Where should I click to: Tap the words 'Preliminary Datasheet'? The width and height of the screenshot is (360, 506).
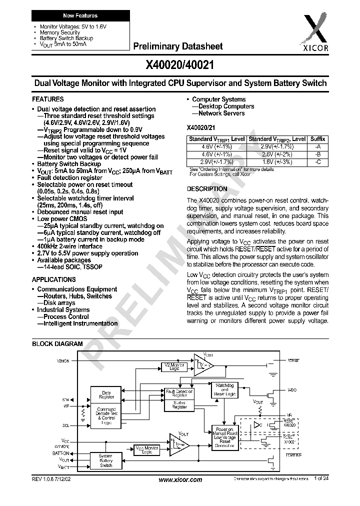[177, 46]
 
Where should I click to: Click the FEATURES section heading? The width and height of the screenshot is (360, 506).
[47, 99]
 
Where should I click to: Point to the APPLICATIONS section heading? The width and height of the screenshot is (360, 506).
[54, 279]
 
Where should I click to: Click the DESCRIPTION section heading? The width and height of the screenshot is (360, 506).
[206, 189]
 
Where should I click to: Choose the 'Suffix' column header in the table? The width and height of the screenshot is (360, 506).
[318, 139]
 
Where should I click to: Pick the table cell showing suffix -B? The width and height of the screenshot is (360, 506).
[318, 155]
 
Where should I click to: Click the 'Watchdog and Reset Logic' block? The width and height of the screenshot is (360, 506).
[225, 390]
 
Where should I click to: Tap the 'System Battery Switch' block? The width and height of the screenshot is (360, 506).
[106, 461]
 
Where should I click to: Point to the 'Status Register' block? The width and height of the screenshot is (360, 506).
[179, 404]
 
